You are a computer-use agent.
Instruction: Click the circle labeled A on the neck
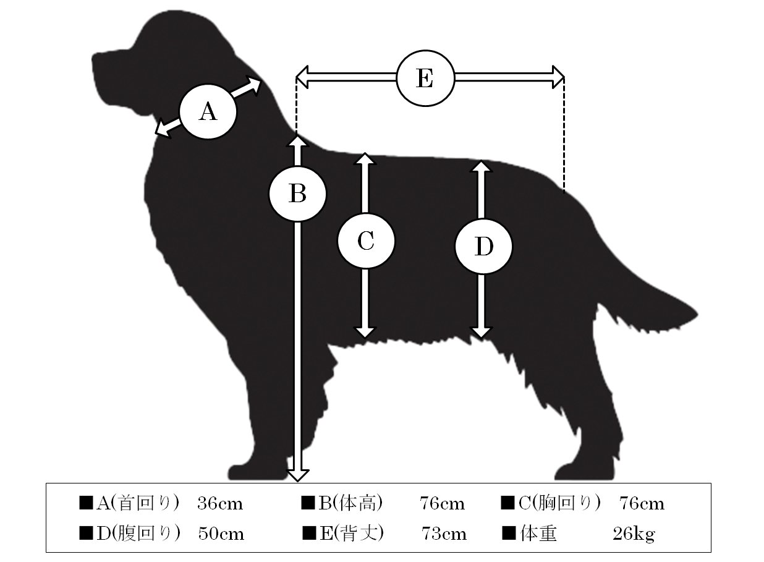208,112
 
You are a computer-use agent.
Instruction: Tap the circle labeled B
297,194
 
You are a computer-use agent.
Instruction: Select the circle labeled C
366,241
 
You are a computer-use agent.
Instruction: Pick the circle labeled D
483,246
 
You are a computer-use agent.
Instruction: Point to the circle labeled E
425,78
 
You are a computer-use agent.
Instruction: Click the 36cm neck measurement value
220,504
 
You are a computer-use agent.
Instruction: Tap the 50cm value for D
221,534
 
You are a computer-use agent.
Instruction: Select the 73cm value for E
444,534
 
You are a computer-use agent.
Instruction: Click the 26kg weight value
634,534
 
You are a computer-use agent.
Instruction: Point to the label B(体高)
350,503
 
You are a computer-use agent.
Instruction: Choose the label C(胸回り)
559,503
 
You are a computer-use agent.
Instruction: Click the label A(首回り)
137,503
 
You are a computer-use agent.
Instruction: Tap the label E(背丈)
352,533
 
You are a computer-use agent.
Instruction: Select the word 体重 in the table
538,534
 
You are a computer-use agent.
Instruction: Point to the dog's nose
94,60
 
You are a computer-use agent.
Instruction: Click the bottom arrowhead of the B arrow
297,475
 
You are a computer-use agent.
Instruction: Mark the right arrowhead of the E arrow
558,77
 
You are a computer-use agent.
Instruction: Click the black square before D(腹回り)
86,533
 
